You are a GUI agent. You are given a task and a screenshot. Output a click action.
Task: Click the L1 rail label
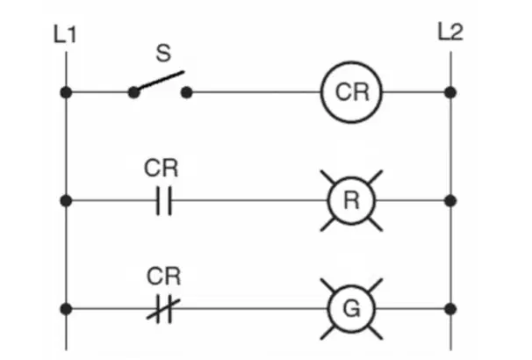tap(65, 34)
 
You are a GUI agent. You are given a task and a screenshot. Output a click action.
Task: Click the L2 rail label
tap(450, 32)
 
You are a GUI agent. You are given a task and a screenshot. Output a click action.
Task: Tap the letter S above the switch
tap(163, 53)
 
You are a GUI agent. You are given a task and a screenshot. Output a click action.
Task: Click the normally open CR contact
tap(164, 200)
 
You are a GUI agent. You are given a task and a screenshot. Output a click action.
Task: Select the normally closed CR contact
tap(163, 309)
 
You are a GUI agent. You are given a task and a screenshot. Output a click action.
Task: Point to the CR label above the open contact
tap(161, 168)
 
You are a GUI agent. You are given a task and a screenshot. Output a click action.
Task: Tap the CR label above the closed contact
tap(163, 277)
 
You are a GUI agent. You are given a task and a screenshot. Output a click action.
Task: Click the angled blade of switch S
tap(160, 81)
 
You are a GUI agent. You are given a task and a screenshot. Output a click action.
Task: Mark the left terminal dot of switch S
tap(133, 92)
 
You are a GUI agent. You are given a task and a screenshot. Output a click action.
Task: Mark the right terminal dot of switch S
tap(187, 92)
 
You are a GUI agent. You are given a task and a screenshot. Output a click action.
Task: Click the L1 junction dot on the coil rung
tap(66, 92)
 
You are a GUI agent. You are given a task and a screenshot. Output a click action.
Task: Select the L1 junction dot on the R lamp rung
tap(66, 201)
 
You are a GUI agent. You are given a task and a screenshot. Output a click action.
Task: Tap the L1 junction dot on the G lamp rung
tap(66, 309)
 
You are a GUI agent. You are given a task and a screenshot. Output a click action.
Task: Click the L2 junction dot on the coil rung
tap(450, 92)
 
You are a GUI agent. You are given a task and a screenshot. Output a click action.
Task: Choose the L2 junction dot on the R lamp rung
tap(450, 201)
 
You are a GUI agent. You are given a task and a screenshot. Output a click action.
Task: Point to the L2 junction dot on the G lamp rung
tap(450, 309)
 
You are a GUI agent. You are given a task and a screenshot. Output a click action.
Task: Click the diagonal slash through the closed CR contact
tap(163, 309)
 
